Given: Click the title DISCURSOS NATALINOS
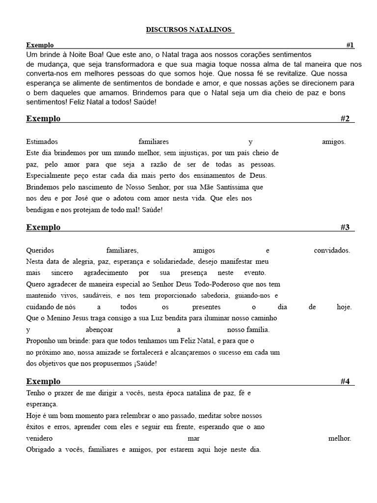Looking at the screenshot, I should tap(188, 30).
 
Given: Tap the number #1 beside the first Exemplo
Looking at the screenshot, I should tap(350, 45).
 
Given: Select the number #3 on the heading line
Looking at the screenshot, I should tap(345, 227).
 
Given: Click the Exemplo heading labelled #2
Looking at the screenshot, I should tap(43, 118).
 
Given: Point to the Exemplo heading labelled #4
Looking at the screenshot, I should tap(43, 381).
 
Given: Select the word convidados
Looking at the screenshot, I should tap(332, 250).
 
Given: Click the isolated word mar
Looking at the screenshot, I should tap(193, 438).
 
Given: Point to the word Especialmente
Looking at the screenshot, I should tap(49, 176).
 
